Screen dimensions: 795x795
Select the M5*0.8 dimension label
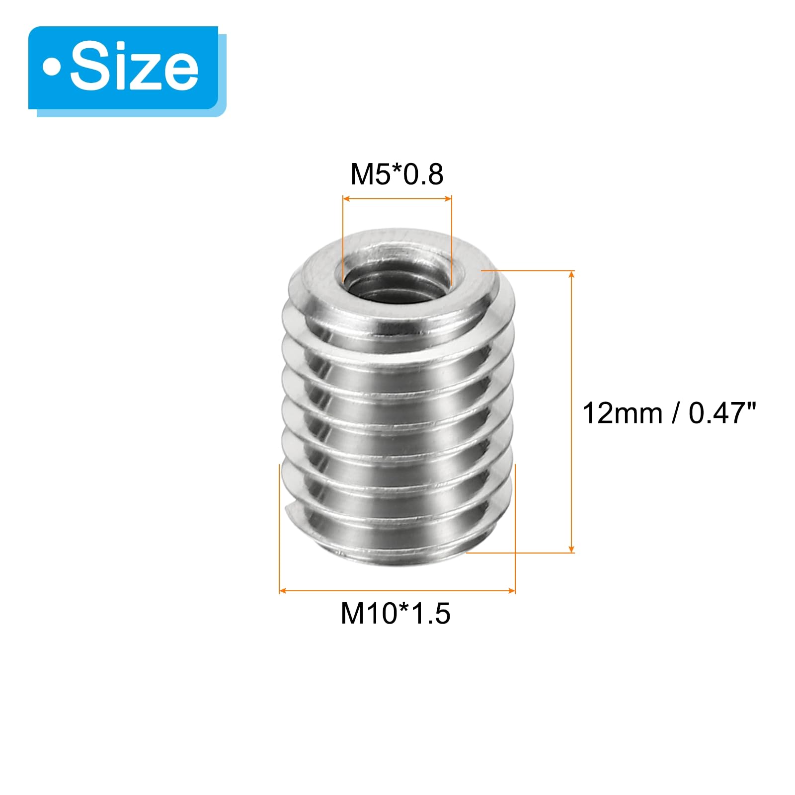(x=397, y=174)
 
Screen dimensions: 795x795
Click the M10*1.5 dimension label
(x=396, y=613)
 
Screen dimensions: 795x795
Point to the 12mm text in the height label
(x=622, y=413)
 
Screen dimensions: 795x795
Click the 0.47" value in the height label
(x=722, y=413)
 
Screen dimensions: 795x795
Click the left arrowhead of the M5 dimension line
(x=347, y=199)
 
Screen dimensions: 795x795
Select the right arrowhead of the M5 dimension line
(x=448, y=199)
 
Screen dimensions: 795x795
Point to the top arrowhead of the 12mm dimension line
(x=572, y=275)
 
